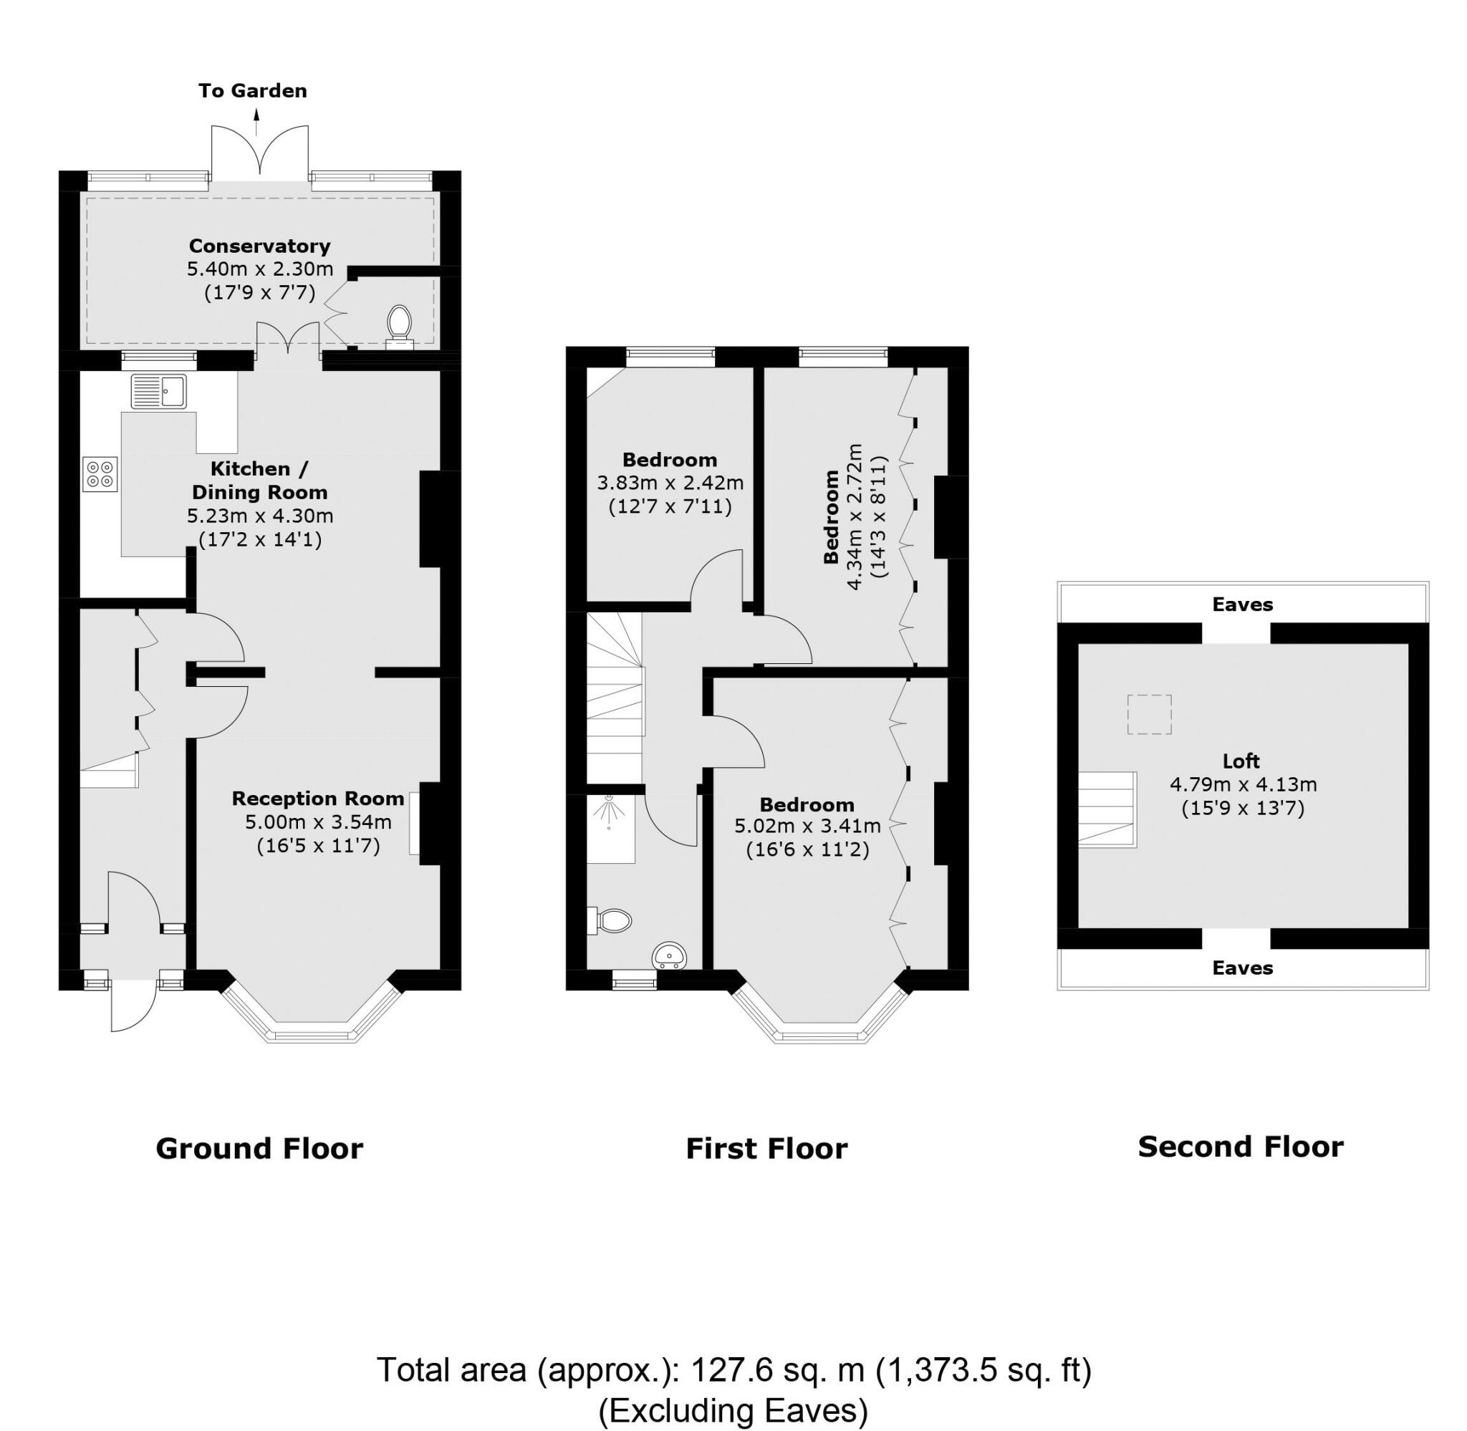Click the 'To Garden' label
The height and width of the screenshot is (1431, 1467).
[x=253, y=91]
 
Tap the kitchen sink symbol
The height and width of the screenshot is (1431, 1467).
[x=158, y=391]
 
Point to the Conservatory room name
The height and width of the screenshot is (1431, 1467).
[x=259, y=246]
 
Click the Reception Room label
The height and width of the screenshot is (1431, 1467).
[x=318, y=798]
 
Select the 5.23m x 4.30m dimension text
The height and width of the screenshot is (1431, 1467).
[x=259, y=516]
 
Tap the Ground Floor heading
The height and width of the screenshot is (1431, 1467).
[x=259, y=1148]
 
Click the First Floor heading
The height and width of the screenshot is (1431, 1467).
[x=766, y=1148]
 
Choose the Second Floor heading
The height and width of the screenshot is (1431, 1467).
[x=1240, y=1147]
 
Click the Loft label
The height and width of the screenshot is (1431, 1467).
[x=1241, y=761]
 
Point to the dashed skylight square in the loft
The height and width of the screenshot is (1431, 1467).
[x=1149, y=715]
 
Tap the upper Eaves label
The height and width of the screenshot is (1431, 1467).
[x=1242, y=604]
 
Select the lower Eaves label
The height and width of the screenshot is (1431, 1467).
[x=1242, y=968]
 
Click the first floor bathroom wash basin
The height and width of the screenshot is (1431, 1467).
[x=668, y=955]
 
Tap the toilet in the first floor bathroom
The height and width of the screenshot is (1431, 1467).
[x=612, y=920]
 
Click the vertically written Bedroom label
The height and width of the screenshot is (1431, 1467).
[x=830, y=516]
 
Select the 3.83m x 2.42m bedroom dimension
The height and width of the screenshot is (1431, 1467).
[x=670, y=483]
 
